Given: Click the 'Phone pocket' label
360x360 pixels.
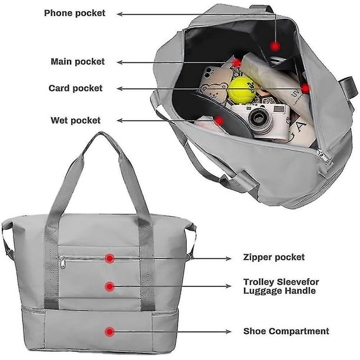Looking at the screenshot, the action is tap(75, 13).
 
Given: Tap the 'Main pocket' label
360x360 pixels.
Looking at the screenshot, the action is tap(78, 62).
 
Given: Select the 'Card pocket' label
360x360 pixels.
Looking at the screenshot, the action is tap(75, 88).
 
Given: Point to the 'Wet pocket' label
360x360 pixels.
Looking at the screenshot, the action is tap(75, 121).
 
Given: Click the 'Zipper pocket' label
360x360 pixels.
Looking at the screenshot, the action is tap(274, 257).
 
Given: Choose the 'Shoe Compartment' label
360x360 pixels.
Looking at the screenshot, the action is tap(286, 331).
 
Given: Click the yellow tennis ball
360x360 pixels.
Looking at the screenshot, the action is tap(242, 90).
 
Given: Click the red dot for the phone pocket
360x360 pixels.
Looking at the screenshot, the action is tap(275, 46).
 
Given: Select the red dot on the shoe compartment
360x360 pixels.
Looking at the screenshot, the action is tap(109, 332).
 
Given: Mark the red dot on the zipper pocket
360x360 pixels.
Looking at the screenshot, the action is tap(110, 258).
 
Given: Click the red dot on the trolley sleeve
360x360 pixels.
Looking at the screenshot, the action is tap(110, 286).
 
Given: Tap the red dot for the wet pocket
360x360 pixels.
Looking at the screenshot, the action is tap(219, 121).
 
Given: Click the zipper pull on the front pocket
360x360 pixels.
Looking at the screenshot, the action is tap(62, 262).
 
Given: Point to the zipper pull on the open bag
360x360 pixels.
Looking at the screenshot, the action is tap(324, 156).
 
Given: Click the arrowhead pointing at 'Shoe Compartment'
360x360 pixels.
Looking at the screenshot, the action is tap(228, 332).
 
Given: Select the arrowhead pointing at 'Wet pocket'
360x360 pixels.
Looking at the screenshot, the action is tap(120, 121).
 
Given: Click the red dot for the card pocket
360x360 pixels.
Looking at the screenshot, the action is tap(305, 89).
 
